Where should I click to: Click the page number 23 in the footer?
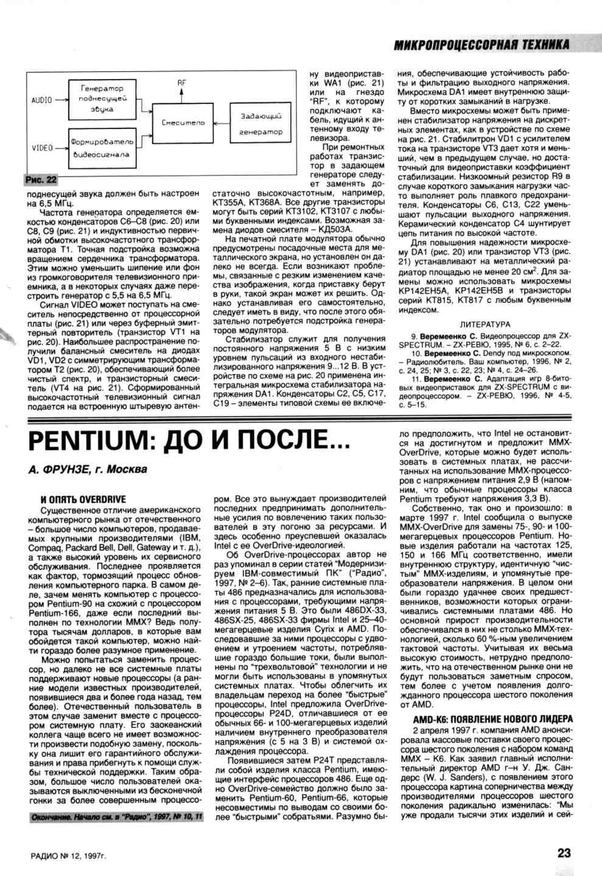563,852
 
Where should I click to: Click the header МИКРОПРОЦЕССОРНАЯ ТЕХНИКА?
481,44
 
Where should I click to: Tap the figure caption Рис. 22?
41,179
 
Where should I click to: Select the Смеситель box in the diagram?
183,122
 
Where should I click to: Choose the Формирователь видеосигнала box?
100,148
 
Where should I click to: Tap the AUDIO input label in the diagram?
41,100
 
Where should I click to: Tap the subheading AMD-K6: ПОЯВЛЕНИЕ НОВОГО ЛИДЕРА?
492,718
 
